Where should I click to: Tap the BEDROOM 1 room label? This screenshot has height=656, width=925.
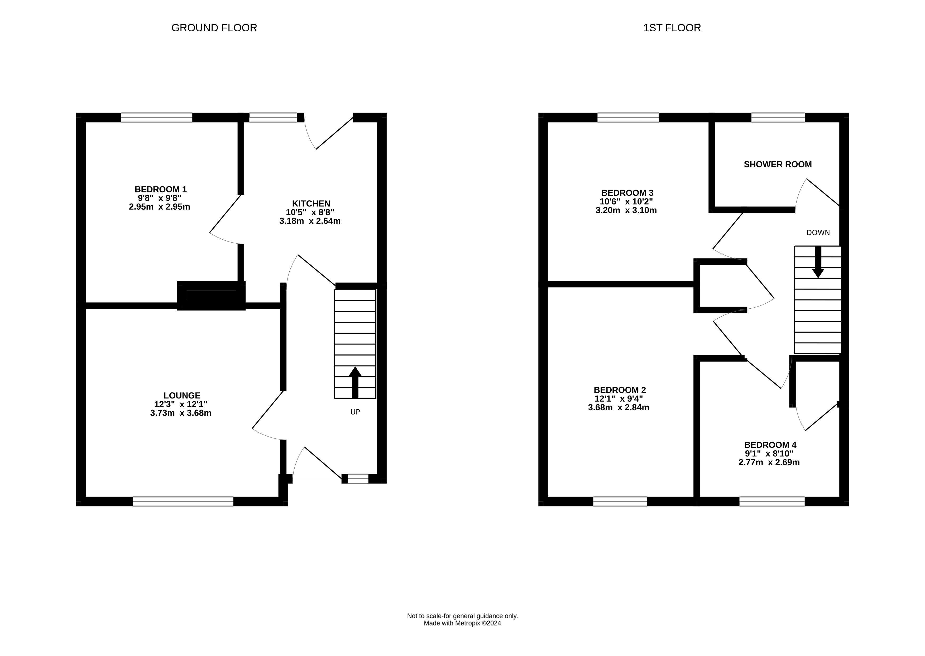click(161, 189)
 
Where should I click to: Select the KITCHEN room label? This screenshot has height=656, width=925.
click(311, 204)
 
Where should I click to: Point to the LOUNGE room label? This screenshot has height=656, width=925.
click(182, 396)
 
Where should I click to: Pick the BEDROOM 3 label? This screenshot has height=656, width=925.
click(627, 193)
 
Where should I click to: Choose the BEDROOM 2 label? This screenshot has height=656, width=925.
click(620, 390)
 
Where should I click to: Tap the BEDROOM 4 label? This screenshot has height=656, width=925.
click(770, 445)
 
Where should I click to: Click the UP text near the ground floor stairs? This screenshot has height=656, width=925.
click(355, 412)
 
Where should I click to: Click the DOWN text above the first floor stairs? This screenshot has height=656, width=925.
click(818, 233)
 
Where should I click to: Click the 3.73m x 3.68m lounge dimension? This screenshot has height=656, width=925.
click(181, 413)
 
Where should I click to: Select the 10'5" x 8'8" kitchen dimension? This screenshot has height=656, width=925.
click(310, 213)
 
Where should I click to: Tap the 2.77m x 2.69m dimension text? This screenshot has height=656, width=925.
click(769, 462)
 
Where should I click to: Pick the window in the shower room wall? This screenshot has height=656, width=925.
click(778, 117)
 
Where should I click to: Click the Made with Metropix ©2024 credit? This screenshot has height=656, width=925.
click(462, 623)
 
